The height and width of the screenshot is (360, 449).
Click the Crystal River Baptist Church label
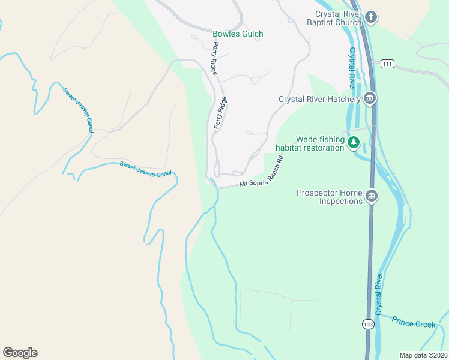(334, 19)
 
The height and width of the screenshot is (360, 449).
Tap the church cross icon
(371, 17)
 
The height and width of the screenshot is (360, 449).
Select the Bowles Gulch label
(238, 34)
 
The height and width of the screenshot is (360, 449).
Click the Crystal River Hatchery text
(319, 100)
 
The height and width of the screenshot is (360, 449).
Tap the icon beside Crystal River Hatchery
(370, 98)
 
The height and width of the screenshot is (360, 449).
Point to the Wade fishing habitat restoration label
(310, 143)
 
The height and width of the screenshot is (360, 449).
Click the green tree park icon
(354, 142)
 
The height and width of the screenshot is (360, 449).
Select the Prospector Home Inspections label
(330, 197)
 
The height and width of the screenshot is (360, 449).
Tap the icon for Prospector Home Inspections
(372, 196)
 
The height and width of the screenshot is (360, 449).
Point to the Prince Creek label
(413, 323)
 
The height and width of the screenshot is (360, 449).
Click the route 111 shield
(387, 64)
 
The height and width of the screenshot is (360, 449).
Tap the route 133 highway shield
(367, 324)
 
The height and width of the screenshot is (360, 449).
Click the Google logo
(20, 353)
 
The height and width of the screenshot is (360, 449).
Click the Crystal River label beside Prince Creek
(379, 295)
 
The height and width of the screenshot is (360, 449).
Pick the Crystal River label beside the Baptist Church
(352, 68)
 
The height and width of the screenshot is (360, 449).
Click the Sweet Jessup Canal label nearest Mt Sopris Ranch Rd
(145, 169)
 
